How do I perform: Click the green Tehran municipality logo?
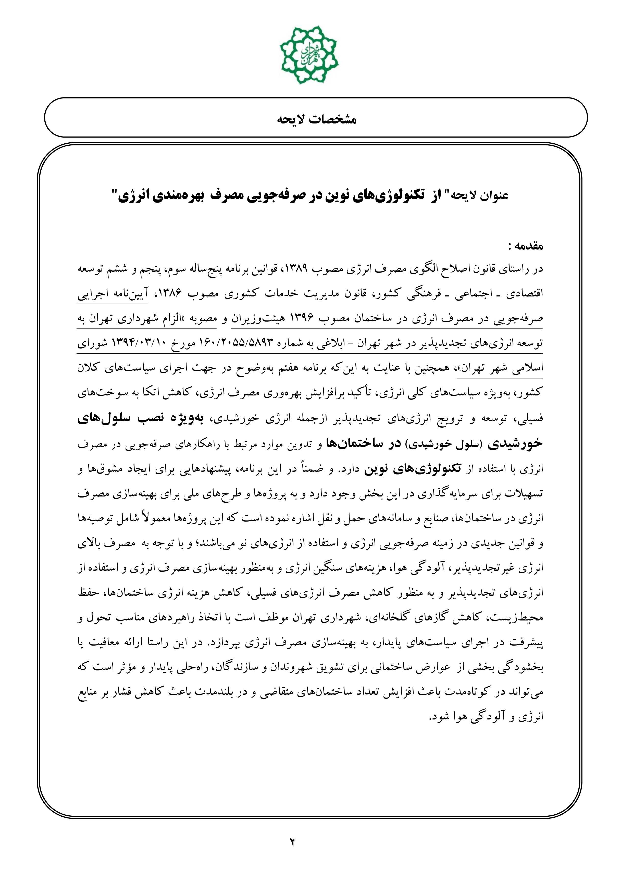(x=309, y=55)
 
